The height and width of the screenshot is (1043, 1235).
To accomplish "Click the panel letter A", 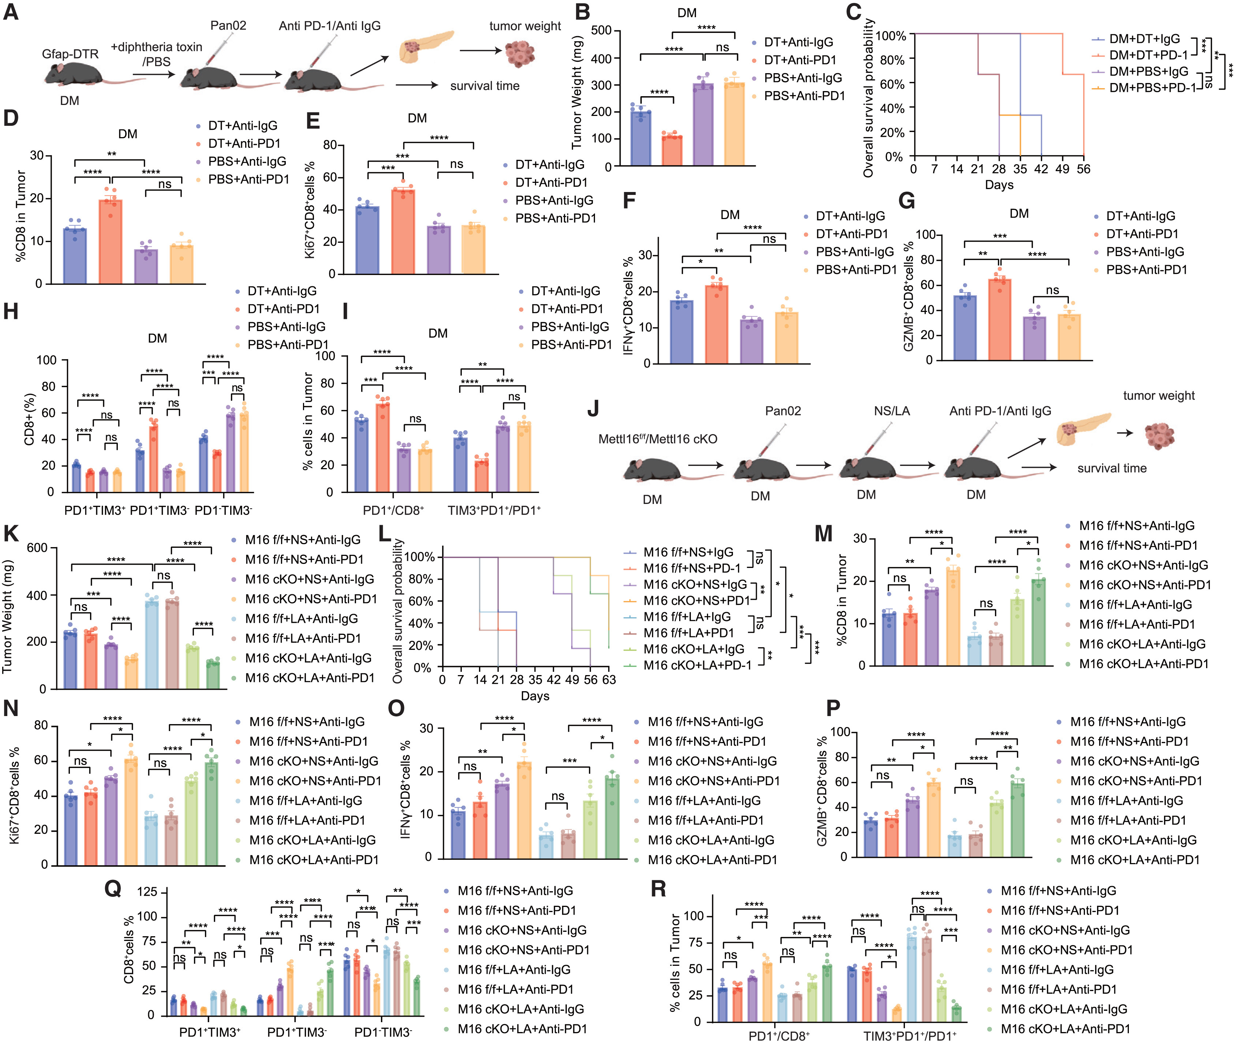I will (x=11, y=12).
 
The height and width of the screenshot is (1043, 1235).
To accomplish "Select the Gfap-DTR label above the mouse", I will (x=70, y=54).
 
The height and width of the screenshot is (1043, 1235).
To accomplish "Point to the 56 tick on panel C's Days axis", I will (x=1083, y=169).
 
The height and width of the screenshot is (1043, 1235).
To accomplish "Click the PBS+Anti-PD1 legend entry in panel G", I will (x=1146, y=270).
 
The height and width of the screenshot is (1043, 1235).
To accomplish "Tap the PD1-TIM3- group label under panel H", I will (x=224, y=510).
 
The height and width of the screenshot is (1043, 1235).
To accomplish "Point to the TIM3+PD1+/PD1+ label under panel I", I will (x=494, y=510).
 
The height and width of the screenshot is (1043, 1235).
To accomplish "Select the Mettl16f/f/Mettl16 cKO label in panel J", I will (x=657, y=439).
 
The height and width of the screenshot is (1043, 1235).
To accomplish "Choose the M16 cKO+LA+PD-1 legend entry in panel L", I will (x=697, y=665).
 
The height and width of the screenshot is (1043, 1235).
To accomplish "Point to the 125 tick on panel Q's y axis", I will (x=147, y=892).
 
